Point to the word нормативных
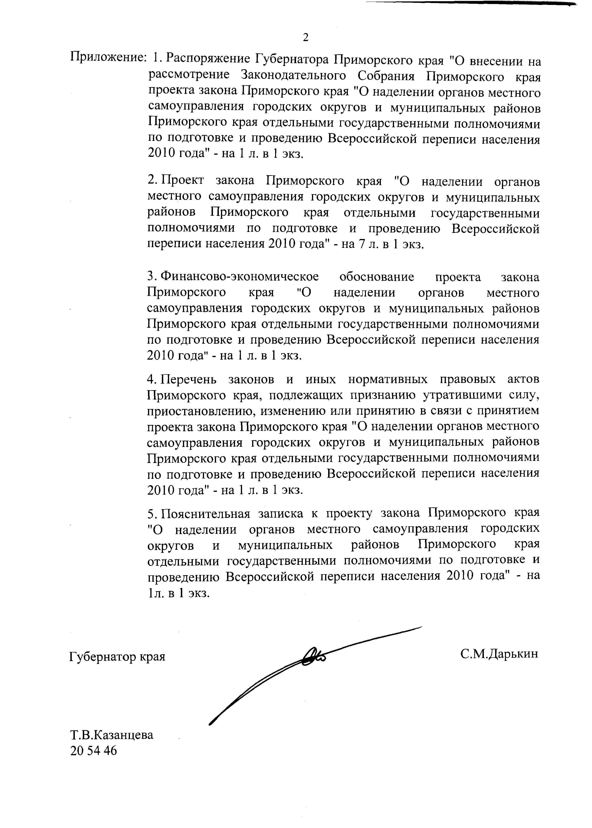point(388,379)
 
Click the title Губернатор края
point(117,667)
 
